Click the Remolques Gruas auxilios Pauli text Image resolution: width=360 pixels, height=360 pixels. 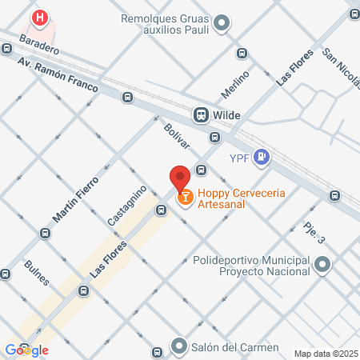[x=165, y=24]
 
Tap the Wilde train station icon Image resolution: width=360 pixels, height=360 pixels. [x=201, y=114]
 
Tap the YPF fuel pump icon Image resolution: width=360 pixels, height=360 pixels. [x=260, y=158]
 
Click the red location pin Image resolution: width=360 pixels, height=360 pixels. [x=180, y=176]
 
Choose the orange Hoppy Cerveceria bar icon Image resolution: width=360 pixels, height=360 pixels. [x=185, y=196]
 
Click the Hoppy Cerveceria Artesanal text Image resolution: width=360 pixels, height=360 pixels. [x=242, y=198]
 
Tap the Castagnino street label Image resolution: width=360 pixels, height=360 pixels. [x=126, y=204]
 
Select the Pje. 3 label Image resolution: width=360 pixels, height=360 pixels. [x=314, y=234]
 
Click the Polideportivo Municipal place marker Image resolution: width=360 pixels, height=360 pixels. [x=322, y=265]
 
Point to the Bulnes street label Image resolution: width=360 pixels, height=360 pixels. [x=38, y=273]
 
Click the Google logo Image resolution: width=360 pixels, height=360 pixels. [x=26, y=350]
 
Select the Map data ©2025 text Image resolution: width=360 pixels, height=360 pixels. [x=325, y=354]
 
